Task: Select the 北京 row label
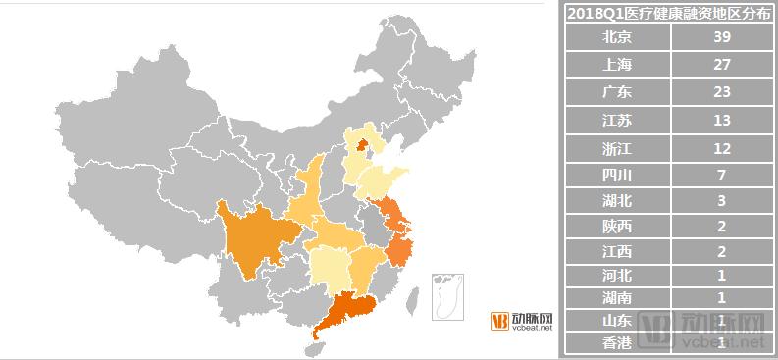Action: [x=617, y=36]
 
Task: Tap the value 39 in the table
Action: [x=722, y=36]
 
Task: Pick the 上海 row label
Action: [x=617, y=64]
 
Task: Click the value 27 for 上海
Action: [x=722, y=64]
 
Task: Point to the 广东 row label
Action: [x=617, y=92]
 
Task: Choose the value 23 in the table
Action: [x=722, y=92]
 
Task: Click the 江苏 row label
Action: [x=617, y=121]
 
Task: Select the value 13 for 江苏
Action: [x=722, y=121]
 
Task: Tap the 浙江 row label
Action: [x=617, y=149]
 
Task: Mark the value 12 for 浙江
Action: [x=722, y=149]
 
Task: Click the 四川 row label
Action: [x=617, y=177]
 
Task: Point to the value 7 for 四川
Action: [x=722, y=177]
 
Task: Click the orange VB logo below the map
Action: [x=499, y=321]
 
